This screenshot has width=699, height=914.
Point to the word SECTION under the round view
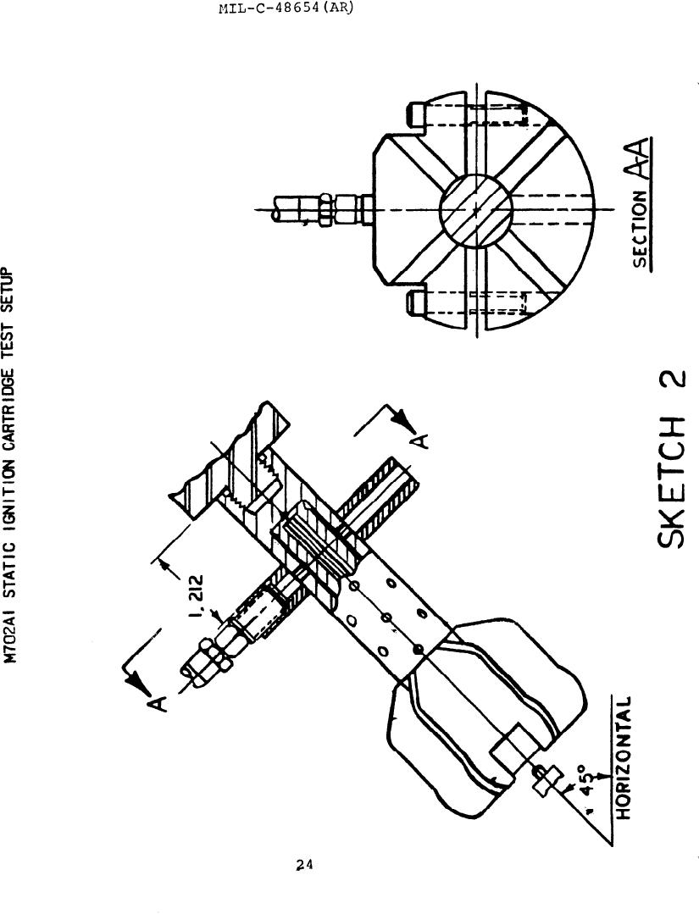pyautogui.click(x=643, y=230)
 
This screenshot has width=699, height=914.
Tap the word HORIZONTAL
pyautogui.click(x=621, y=758)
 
